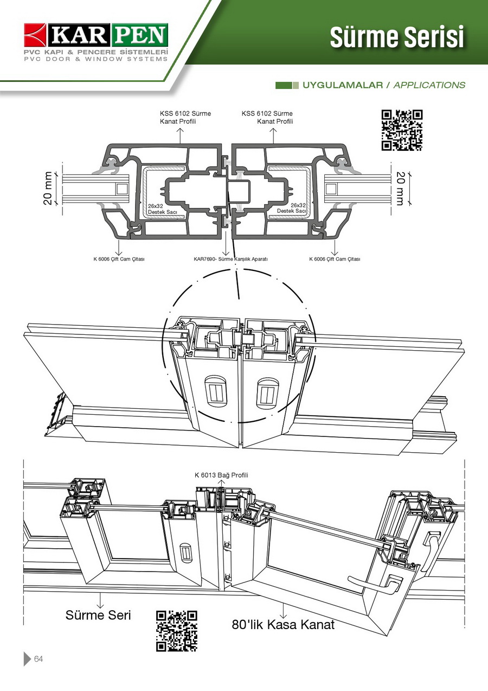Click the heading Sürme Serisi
tap(397, 37)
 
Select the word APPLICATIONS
tap(429, 85)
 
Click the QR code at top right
tap(402, 130)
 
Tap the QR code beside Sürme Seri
tap(176, 631)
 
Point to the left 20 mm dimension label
tap(48, 188)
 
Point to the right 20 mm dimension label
tap(400, 188)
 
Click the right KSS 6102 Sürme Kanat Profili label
tap(267, 117)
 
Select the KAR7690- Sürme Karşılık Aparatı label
tap(230, 259)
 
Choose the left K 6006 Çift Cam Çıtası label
tap(119, 259)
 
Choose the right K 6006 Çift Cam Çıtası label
tap(335, 259)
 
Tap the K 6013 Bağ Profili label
tap(221, 475)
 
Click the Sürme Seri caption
tap(98, 615)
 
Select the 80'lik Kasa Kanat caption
tap(283, 624)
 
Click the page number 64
tap(38, 659)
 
